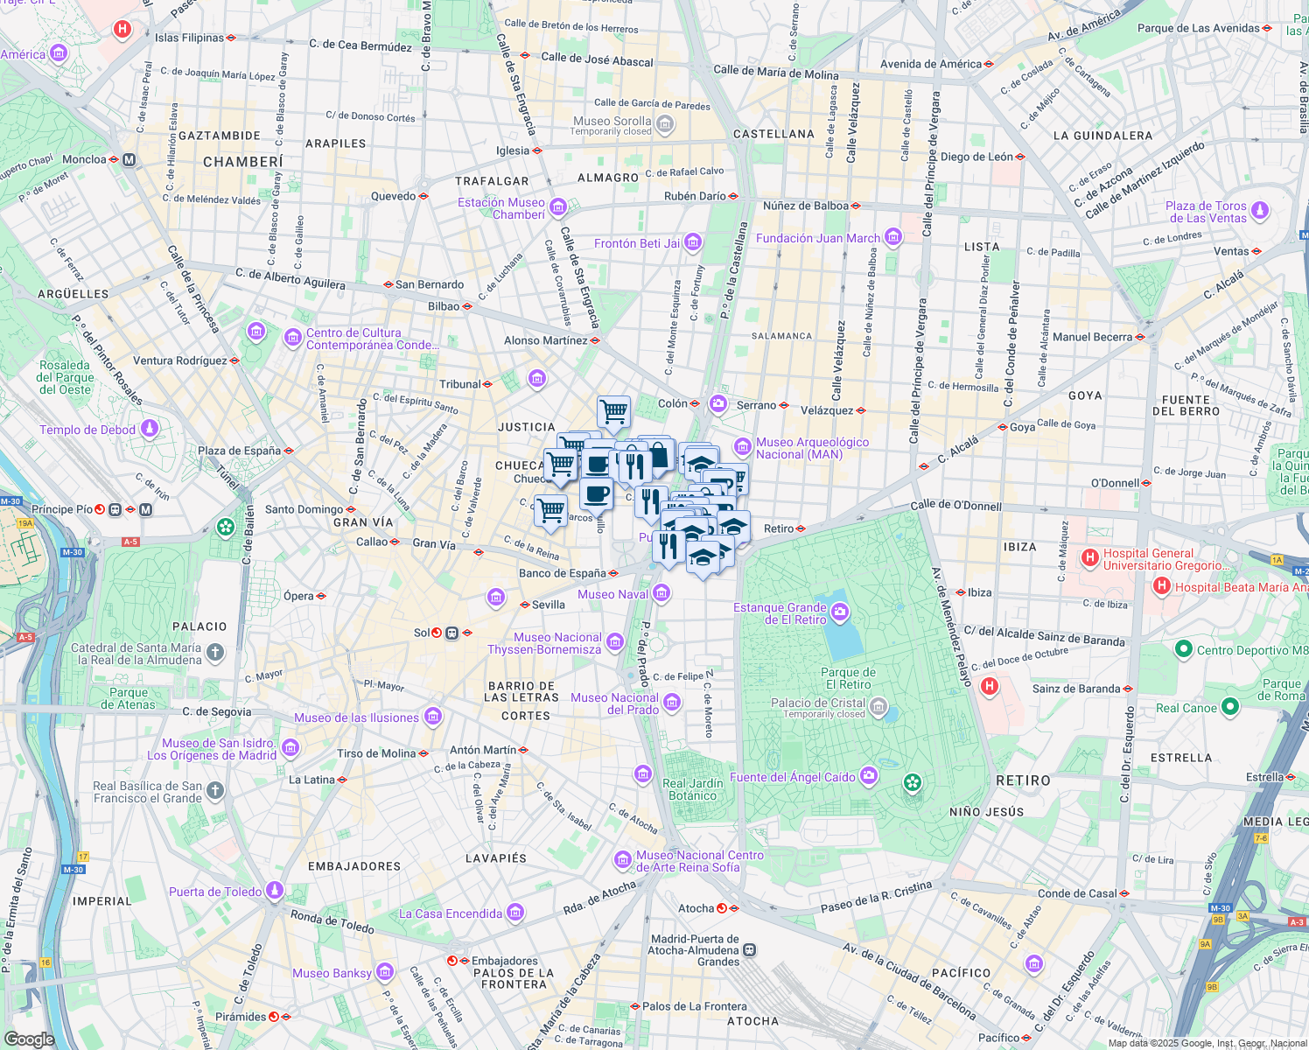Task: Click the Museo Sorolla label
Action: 612,122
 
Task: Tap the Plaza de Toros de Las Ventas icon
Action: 1260,211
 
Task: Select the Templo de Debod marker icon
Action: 150,430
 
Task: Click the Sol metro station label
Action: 422,633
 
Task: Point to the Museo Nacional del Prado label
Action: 615,703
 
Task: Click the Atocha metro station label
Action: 696,908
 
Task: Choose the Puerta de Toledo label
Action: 215,892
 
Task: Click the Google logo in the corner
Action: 29,1039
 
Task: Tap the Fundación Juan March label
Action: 818,238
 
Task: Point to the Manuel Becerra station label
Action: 1092,337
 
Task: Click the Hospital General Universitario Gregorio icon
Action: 1090,557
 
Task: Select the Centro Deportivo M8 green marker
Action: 1184,649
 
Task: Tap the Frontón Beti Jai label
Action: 637,243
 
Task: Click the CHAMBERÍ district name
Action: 243,162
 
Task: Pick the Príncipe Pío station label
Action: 62,509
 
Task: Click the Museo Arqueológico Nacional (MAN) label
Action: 812,448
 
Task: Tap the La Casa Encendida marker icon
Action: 515,913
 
